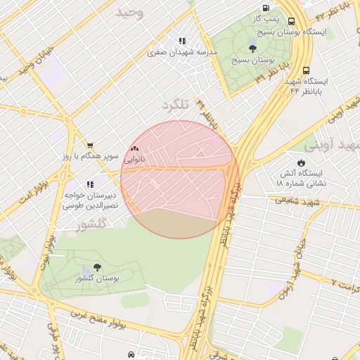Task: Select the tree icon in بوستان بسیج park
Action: pos(252,49)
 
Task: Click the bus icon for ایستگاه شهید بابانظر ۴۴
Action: pos(306,70)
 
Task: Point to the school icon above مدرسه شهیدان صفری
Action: pos(182,41)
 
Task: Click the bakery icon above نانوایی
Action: pos(134,149)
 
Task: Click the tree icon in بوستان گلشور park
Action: pos(96,267)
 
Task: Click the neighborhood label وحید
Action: pos(129,13)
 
